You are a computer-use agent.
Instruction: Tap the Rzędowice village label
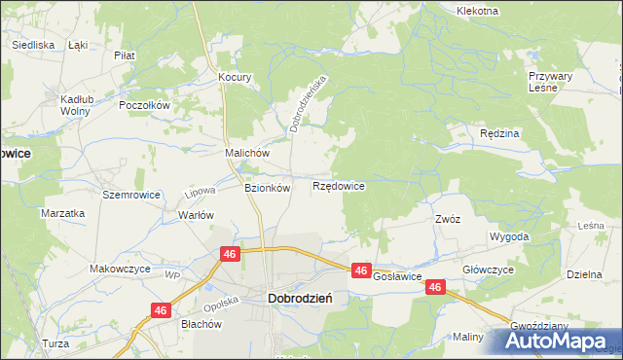pos(339,185)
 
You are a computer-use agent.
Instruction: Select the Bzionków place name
pos(267,188)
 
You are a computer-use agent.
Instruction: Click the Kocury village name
pos(236,77)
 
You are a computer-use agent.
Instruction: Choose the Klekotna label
pos(477,11)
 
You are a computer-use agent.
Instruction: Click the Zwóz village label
pos(448,219)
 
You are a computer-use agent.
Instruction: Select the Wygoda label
pos(510,236)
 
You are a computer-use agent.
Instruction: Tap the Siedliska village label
pos(33,45)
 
